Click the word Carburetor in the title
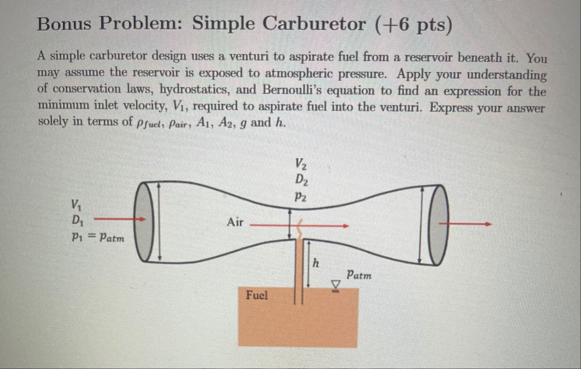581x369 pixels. point(314,24)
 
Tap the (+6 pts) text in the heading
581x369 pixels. point(413,25)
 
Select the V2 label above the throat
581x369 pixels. point(301,163)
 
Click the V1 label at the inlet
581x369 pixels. point(76,204)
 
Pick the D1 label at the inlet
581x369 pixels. point(77,220)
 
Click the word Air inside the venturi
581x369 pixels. point(235,222)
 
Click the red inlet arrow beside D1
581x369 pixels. point(120,219)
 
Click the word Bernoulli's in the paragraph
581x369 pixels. point(291,90)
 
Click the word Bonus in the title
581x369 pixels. point(64,24)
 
